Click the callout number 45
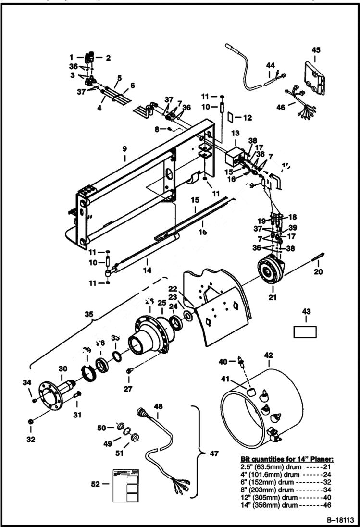click(316, 50)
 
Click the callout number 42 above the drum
click(268, 356)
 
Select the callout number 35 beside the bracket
click(89, 315)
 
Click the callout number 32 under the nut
click(30, 439)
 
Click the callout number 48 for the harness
click(158, 406)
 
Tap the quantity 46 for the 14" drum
click(328, 505)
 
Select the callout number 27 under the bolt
click(128, 389)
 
